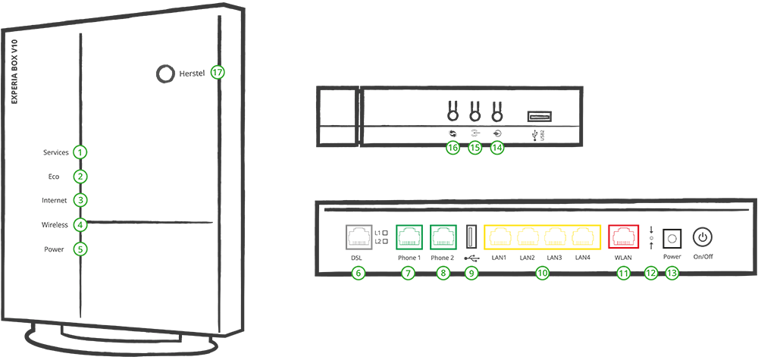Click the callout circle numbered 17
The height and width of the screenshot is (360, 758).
[218, 73]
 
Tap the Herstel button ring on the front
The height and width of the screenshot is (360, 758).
[163, 73]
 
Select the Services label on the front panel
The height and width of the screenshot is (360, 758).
[56, 152]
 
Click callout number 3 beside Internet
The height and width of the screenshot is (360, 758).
[80, 201]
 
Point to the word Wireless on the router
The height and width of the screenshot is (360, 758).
[55, 225]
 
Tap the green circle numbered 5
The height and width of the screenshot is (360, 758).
[80, 249]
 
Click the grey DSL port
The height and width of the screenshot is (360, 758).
[358, 236]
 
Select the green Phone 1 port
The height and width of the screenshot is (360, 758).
[409, 236]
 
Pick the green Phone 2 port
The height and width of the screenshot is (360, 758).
[443, 236]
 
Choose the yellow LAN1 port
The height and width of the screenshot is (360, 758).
[500, 237]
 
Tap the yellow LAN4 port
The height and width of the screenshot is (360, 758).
[583, 237]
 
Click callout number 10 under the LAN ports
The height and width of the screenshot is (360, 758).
[541, 274]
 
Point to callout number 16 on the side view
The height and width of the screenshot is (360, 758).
[453, 149]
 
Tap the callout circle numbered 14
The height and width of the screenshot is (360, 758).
[497, 149]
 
